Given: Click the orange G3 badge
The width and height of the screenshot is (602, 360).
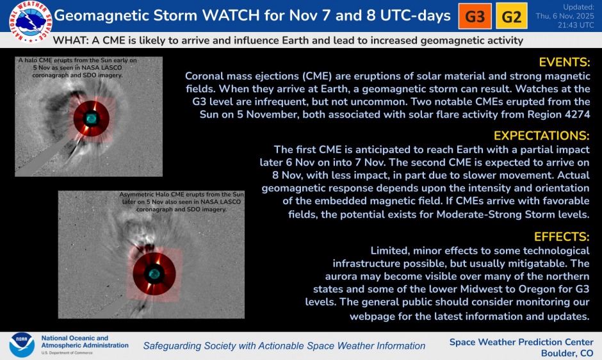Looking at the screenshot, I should tap(475, 17).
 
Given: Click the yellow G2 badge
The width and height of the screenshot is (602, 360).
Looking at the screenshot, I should tap(511, 17).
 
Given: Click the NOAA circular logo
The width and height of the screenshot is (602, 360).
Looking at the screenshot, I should tap(21, 345).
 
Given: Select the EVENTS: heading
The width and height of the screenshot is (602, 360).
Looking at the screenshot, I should tap(564, 63).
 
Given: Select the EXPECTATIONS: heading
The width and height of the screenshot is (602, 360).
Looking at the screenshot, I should tap(542, 136).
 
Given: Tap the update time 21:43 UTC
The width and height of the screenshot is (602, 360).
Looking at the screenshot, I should tap(573, 25).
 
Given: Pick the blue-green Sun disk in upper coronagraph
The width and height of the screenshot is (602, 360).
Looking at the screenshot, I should tap(91, 118).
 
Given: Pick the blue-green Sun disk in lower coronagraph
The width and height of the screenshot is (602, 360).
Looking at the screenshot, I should tap(153, 274).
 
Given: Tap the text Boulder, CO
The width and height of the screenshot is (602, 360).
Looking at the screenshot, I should tap(567, 353).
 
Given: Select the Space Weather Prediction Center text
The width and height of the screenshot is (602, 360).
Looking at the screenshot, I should tap(521, 341).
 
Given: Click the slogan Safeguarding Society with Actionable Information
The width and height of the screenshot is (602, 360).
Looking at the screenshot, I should tap(284, 346).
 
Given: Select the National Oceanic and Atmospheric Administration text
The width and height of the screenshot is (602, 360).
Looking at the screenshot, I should tap(84, 342).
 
